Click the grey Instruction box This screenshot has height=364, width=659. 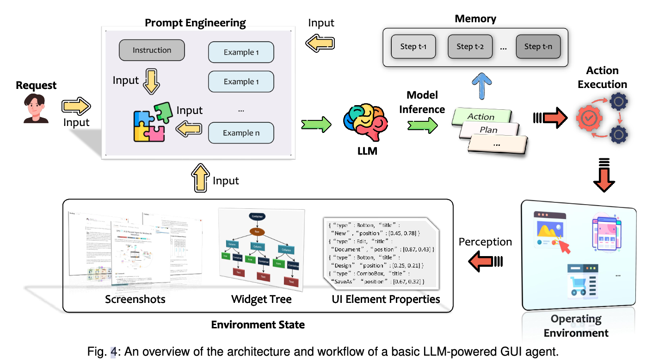pos(152,50)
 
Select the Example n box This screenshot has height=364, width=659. pos(241,133)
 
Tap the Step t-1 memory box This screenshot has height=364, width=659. pos(413,46)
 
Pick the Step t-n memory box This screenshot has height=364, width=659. pos(538,46)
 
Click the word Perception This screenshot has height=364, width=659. pos(485,242)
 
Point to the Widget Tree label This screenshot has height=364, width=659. pos(261,299)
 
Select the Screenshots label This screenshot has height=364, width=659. pos(135,299)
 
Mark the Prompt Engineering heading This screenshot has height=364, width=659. pos(195,22)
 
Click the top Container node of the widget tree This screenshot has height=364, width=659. pos(257,216)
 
